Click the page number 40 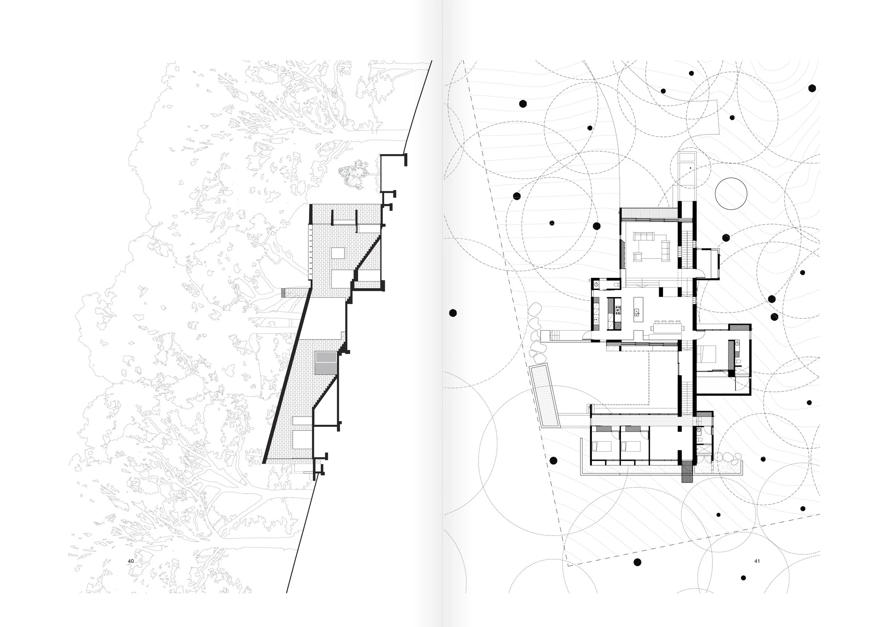pyautogui.click(x=131, y=561)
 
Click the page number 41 pyautogui.click(x=757, y=561)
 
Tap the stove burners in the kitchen pyautogui.click(x=618, y=309)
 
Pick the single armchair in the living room pyautogui.click(x=637, y=256)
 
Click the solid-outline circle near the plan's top pyautogui.click(x=730, y=194)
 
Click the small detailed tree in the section pyautogui.click(x=353, y=174)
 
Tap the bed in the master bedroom pyautogui.click(x=706, y=353)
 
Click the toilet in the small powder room pyautogui.click(x=615, y=285)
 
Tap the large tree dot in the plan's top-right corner pyautogui.click(x=812, y=88)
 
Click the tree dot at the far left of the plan pyautogui.click(x=453, y=313)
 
